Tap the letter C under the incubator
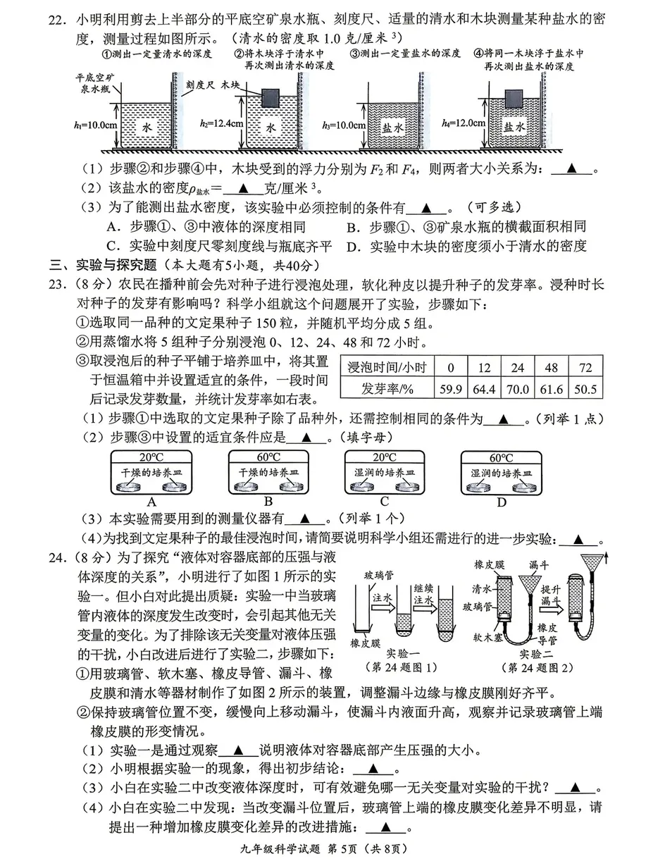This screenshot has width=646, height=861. (384, 502)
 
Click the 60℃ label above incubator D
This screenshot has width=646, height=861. (501, 457)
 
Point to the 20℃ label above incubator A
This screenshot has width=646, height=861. (151, 457)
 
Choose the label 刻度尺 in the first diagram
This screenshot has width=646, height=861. (201, 82)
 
